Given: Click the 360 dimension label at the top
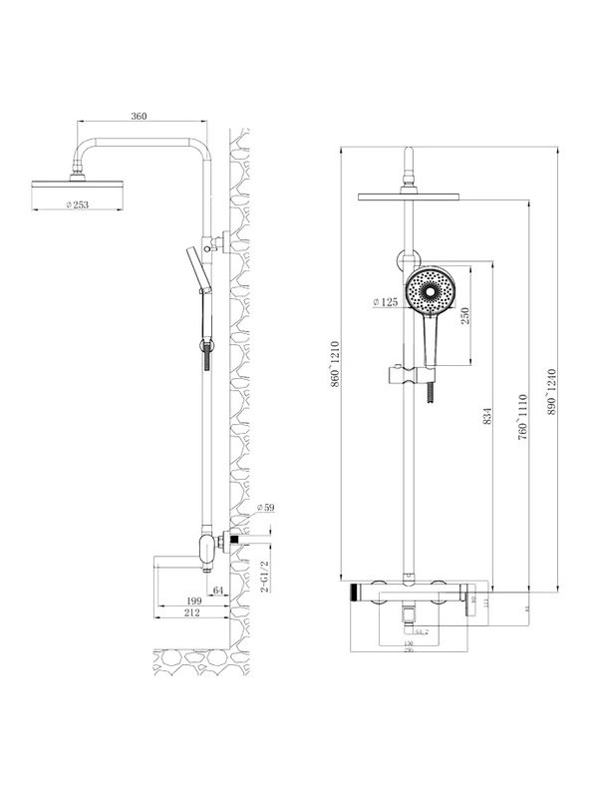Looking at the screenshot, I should click(139, 117).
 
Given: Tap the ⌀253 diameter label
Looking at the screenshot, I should click(79, 204).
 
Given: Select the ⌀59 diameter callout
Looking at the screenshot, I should click(265, 508).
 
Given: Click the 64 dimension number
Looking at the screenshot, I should click(218, 592).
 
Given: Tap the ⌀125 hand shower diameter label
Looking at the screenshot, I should click(386, 300).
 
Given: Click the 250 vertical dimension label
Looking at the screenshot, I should click(464, 315).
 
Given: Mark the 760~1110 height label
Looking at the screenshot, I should click(520, 415).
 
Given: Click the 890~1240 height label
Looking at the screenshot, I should click(550, 395).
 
